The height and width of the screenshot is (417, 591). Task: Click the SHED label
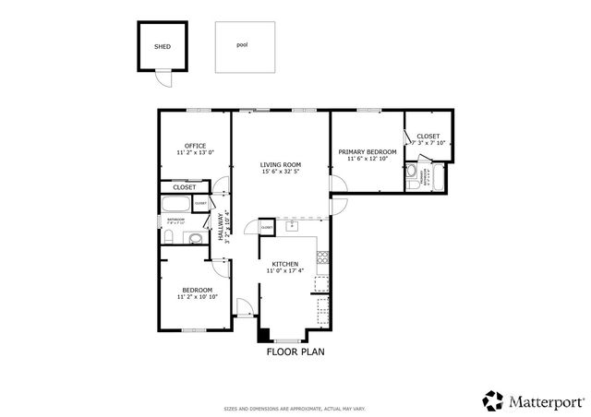(x=163, y=45)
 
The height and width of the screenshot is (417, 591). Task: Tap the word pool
(x=242, y=43)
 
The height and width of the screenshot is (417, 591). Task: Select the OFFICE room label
(x=194, y=146)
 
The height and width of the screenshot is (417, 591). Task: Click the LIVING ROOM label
(x=280, y=164)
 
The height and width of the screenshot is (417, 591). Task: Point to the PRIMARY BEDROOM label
(x=367, y=151)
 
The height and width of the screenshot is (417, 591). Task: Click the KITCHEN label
(x=284, y=263)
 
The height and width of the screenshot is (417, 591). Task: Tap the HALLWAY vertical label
(x=221, y=227)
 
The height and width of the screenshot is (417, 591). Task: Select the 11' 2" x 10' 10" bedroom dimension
(x=197, y=297)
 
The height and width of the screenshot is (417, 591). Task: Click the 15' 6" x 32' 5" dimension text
(x=280, y=172)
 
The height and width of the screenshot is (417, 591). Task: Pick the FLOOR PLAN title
(x=295, y=351)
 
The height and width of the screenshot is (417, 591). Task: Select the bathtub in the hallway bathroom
(x=176, y=205)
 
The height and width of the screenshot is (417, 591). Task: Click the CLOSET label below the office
(x=184, y=187)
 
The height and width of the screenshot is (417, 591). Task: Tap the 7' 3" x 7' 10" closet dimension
(x=428, y=143)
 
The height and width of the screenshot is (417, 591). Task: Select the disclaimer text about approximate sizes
(x=295, y=407)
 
